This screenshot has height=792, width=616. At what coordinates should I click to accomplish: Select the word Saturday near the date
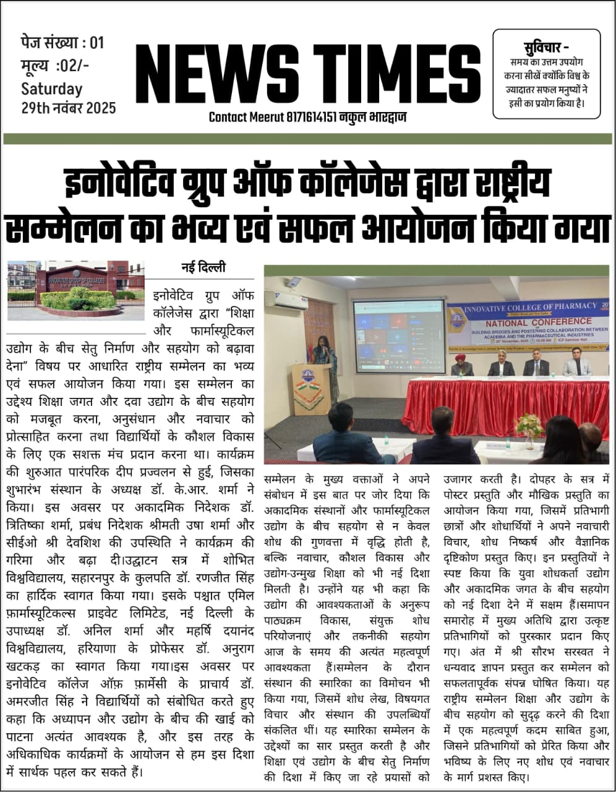pyautogui.click(x=52, y=88)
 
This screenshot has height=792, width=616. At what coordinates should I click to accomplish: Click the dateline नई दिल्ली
pyautogui.click(x=203, y=267)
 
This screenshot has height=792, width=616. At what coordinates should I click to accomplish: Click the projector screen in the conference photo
pyautogui.click(x=398, y=328)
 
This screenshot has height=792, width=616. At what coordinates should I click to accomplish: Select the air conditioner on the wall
pyautogui.click(x=289, y=300)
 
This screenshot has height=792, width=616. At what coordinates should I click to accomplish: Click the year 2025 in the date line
pyautogui.click(x=101, y=107)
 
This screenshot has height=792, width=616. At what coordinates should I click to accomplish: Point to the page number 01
pyautogui.click(x=97, y=43)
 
